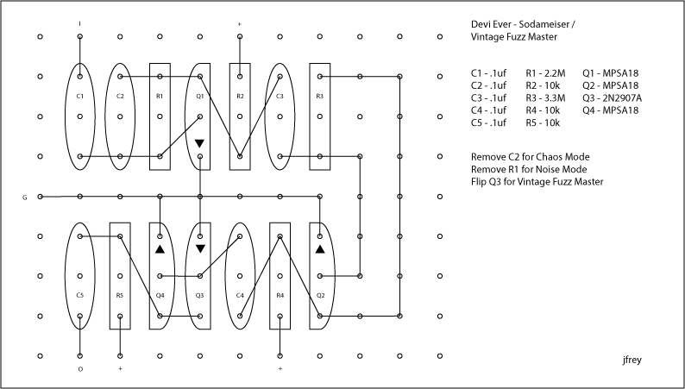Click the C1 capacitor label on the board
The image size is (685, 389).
click(x=79, y=96)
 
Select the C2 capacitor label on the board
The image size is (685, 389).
click(x=120, y=96)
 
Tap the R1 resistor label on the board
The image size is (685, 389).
click(x=160, y=96)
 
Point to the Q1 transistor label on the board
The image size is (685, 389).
click(x=199, y=96)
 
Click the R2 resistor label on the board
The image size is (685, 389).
click(x=240, y=96)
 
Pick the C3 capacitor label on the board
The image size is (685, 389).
click(x=280, y=96)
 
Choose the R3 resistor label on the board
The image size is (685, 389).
click(x=319, y=96)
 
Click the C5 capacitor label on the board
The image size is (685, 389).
click(x=79, y=296)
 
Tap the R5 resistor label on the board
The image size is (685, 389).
click(x=120, y=296)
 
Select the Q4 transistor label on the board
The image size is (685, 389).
click(x=160, y=296)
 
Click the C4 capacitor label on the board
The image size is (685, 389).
click(x=240, y=296)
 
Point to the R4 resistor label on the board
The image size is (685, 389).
click(x=280, y=296)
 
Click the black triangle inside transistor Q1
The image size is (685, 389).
click(x=199, y=143)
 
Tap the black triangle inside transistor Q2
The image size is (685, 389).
click(x=319, y=249)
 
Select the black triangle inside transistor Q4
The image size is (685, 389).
click(x=160, y=249)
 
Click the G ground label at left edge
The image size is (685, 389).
click(x=25, y=198)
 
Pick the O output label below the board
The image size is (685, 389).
click(x=79, y=369)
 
